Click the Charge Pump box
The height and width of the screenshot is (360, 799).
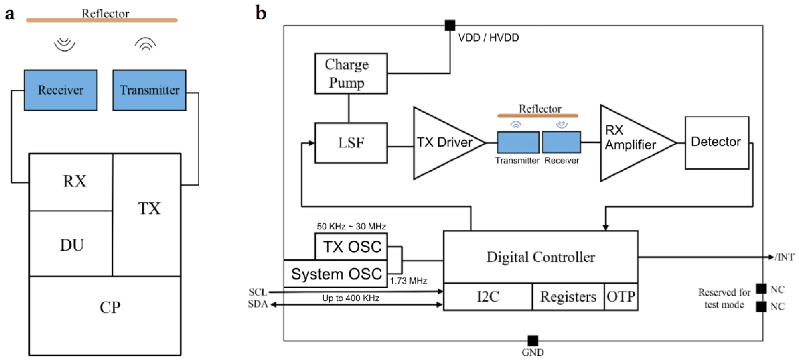click(351, 74)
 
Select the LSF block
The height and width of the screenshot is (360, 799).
click(351, 143)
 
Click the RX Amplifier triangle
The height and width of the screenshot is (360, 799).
click(630, 143)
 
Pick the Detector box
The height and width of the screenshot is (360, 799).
click(717, 143)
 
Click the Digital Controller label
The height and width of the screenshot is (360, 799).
click(540, 257)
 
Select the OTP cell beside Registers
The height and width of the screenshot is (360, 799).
click(621, 297)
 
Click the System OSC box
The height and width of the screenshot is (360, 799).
click(336, 274)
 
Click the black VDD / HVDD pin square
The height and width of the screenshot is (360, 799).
click(450, 25)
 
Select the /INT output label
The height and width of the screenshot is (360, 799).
click(784, 257)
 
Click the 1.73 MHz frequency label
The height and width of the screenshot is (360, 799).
click(408, 281)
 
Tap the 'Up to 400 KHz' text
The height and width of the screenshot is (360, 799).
click(351, 298)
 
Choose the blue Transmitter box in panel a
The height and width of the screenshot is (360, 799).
click(149, 90)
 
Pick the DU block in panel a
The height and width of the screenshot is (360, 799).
click(71, 245)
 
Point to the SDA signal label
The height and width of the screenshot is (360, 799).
click(257, 304)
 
